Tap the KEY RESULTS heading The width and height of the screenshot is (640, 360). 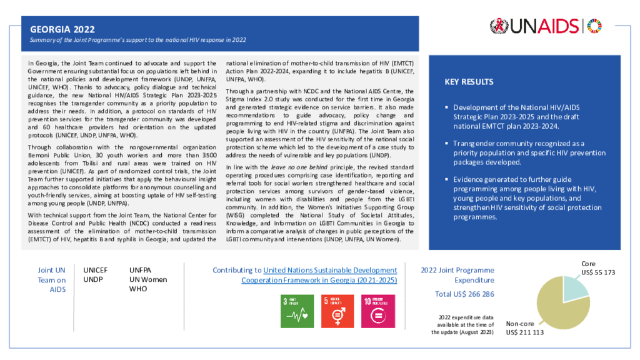(x=469, y=82)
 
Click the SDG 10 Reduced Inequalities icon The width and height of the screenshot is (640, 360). (x=377, y=311)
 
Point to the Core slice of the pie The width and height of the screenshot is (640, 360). (x=576, y=287)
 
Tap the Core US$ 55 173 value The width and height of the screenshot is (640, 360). (x=598, y=272)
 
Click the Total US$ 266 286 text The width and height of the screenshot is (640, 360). (x=464, y=294)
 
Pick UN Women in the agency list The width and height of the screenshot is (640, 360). (x=148, y=279)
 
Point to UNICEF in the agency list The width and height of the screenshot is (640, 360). (x=96, y=270)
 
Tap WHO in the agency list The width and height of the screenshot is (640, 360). (x=138, y=289)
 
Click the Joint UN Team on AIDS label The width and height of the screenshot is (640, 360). (x=51, y=279)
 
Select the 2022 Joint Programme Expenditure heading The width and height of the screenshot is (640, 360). (x=464, y=275)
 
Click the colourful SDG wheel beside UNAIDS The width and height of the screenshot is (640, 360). (x=596, y=26)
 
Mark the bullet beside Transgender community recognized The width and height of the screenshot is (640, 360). (x=446, y=143)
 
